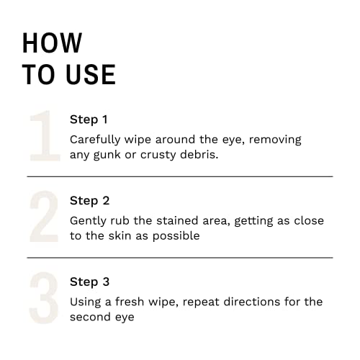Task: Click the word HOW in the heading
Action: pos(52,43)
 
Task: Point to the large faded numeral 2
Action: pos(43,217)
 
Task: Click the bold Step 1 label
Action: pos(89,120)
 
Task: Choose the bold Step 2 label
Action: pos(89,201)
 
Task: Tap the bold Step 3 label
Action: pos(89,282)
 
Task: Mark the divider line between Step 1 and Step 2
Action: pos(180,176)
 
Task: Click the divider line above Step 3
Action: pos(180,257)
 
